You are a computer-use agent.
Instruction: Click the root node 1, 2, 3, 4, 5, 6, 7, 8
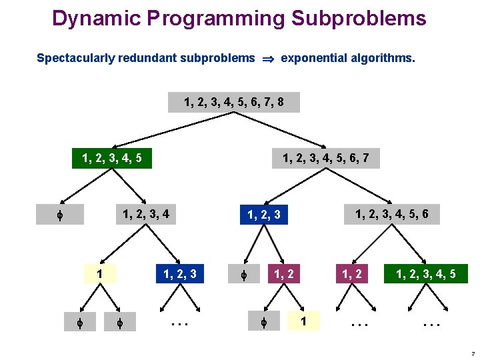(x=234, y=103)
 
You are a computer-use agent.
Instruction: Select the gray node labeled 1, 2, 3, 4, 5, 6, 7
(x=326, y=159)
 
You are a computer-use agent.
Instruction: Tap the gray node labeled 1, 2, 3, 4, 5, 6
(x=397, y=214)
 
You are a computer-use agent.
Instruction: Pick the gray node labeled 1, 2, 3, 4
(x=145, y=214)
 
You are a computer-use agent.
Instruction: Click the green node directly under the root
(x=112, y=159)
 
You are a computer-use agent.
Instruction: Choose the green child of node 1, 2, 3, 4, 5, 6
(x=426, y=273)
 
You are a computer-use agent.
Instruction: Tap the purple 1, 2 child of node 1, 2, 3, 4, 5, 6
(x=353, y=273)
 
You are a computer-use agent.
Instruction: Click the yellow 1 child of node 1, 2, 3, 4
(x=99, y=273)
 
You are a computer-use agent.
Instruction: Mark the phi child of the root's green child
(x=60, y=215)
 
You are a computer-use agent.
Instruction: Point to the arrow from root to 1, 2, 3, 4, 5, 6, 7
(x=280, y=129)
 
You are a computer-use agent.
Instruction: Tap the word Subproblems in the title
(x=359, y=18)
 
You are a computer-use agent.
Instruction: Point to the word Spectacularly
(x=75, y=58)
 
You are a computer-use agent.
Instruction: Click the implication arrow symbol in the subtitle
(x=268, y=59)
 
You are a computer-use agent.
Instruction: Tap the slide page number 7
(x=471, y=352)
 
